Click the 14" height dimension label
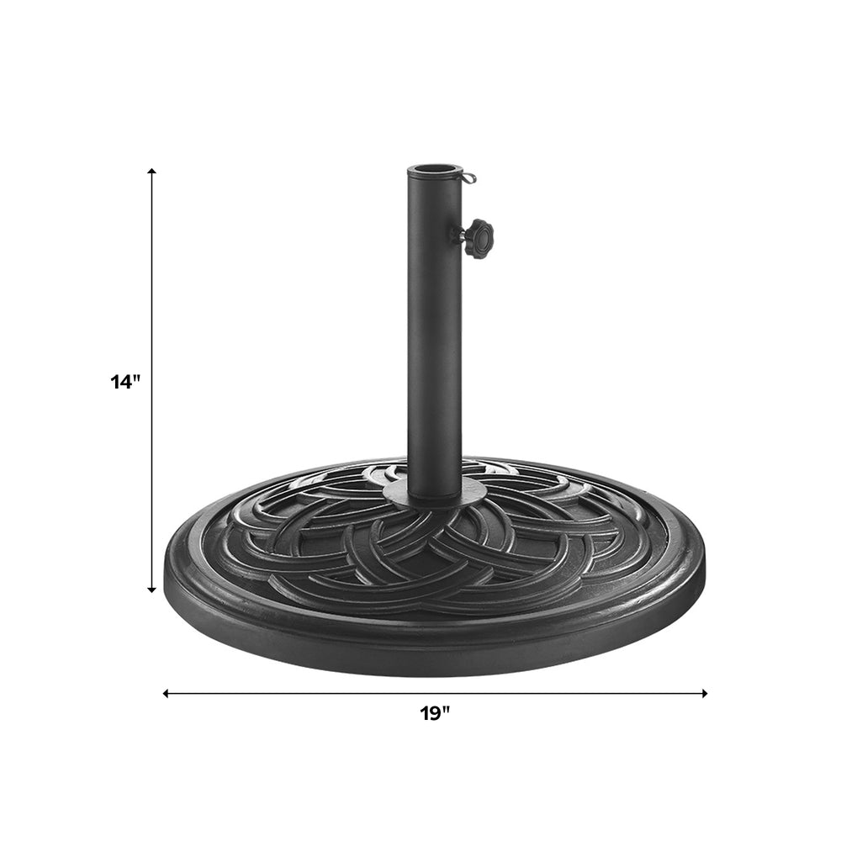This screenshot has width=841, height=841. (x=124, y=382)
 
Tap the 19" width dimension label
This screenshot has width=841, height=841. (x=435, y=714)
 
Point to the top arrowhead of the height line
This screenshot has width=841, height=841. (x=152, y=172)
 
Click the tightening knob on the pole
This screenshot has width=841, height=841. (x=479, y=238)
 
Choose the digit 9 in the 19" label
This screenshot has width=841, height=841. (x=435, y=714)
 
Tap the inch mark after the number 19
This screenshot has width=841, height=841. (x=447, y=710)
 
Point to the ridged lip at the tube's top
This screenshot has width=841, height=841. (x=435, y=175)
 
